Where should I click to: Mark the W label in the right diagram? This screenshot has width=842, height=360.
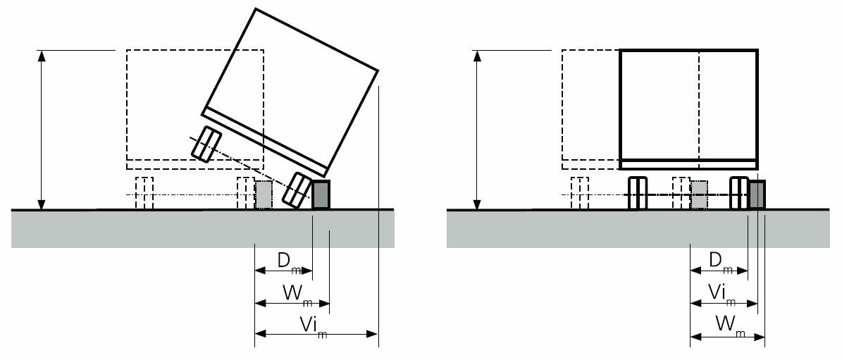click(x=726, y=325)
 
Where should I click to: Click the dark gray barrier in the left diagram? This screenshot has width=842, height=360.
click(x=321, y=194)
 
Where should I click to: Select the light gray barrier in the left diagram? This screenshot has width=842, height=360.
click(x=263, y=195)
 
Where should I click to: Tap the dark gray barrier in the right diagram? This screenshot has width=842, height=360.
click(x=757, y=194)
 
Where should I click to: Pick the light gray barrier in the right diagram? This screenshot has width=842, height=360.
click(x=699, y=195)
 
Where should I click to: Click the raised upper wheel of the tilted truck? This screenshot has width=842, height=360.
click(x=206, y=144)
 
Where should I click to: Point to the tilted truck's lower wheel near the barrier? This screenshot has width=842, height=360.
click(x=297, y=190)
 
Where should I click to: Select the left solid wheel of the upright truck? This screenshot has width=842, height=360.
click(x=636, y=193)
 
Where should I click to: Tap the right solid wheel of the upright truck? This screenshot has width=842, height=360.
click(x=738, y=193)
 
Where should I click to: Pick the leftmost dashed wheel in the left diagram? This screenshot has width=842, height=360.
click(x=144, y=193)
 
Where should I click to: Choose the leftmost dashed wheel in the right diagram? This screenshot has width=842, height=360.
click(x=579, y=193)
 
